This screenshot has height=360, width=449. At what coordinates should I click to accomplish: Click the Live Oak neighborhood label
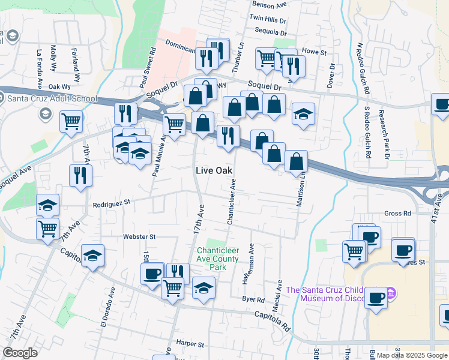pyautogui.click(x=214, y=170)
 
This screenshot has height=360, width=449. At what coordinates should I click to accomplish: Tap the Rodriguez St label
pyautogui.click(x=112, y=204)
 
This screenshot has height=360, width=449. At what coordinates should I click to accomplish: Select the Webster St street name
pyautogui.click(x=139, y=237)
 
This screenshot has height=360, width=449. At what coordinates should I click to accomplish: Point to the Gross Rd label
pyautogui.click(x=397, y=213)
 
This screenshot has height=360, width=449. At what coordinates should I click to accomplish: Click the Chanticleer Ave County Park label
pyautogui.click(x=218, y=254)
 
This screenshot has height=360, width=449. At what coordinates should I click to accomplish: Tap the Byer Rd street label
pyautogui.click(x=253, y=299)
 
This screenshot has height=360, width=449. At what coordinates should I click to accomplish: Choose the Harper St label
pyautogui.click(x=191, y=343)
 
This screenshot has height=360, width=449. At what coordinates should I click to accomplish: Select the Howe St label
pyautogui.click(x=314, y=52)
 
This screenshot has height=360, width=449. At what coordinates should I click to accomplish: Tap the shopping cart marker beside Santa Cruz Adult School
pyautogui.click(x=71, y=121)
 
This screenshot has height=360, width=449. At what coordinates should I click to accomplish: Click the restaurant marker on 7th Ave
pyautogui.click(x=80, y=175)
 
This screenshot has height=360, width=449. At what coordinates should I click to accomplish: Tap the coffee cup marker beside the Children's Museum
pyautogui.click(x=376, y=298)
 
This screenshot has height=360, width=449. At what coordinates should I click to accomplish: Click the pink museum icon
pyautogui.click(x=391, y=293)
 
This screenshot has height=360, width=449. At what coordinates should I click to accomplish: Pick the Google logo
pyautogui.click(x=19, y=353)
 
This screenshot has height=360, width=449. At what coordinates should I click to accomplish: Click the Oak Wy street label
pyautogui.click(x=60, y=86)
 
